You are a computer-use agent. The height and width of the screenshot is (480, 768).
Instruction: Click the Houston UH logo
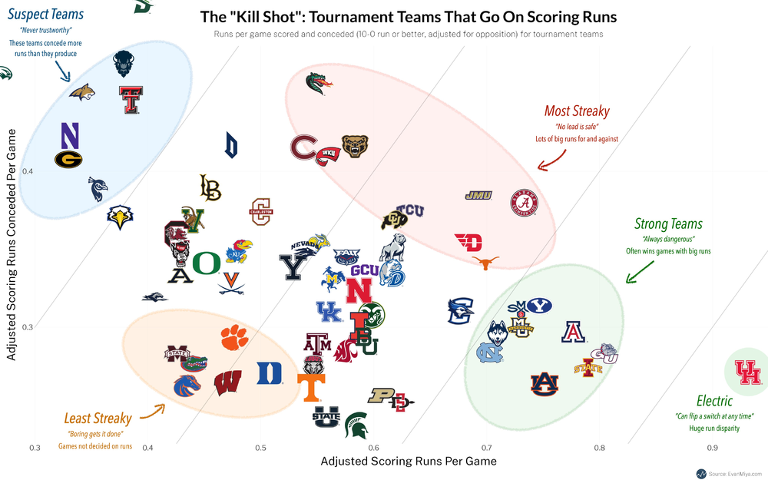pos(746,372)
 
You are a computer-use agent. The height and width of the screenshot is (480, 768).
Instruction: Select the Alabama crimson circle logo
pos(525,204)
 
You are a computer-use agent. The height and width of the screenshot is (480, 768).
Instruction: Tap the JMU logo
pos(478,196)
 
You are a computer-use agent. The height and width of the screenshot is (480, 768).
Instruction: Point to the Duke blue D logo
pos(269,372)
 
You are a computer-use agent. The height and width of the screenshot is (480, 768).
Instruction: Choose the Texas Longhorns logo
pos(485,263)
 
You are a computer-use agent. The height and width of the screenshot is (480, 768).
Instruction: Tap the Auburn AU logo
pos(545,383)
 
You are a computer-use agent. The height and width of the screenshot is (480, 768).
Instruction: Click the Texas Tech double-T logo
pos(131,100)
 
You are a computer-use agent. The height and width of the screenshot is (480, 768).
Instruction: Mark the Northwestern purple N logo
pos(70,135)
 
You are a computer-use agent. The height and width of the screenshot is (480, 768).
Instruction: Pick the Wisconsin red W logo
pos(229,382)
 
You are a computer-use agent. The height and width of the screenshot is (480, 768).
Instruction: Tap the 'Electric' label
pos(714,401)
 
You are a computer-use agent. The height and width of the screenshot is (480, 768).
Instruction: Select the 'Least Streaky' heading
pos(98,419)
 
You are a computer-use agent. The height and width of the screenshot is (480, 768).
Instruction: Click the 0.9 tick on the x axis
pos(712,448)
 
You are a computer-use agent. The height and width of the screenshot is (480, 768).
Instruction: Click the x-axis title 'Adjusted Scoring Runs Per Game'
pos(408,462)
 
